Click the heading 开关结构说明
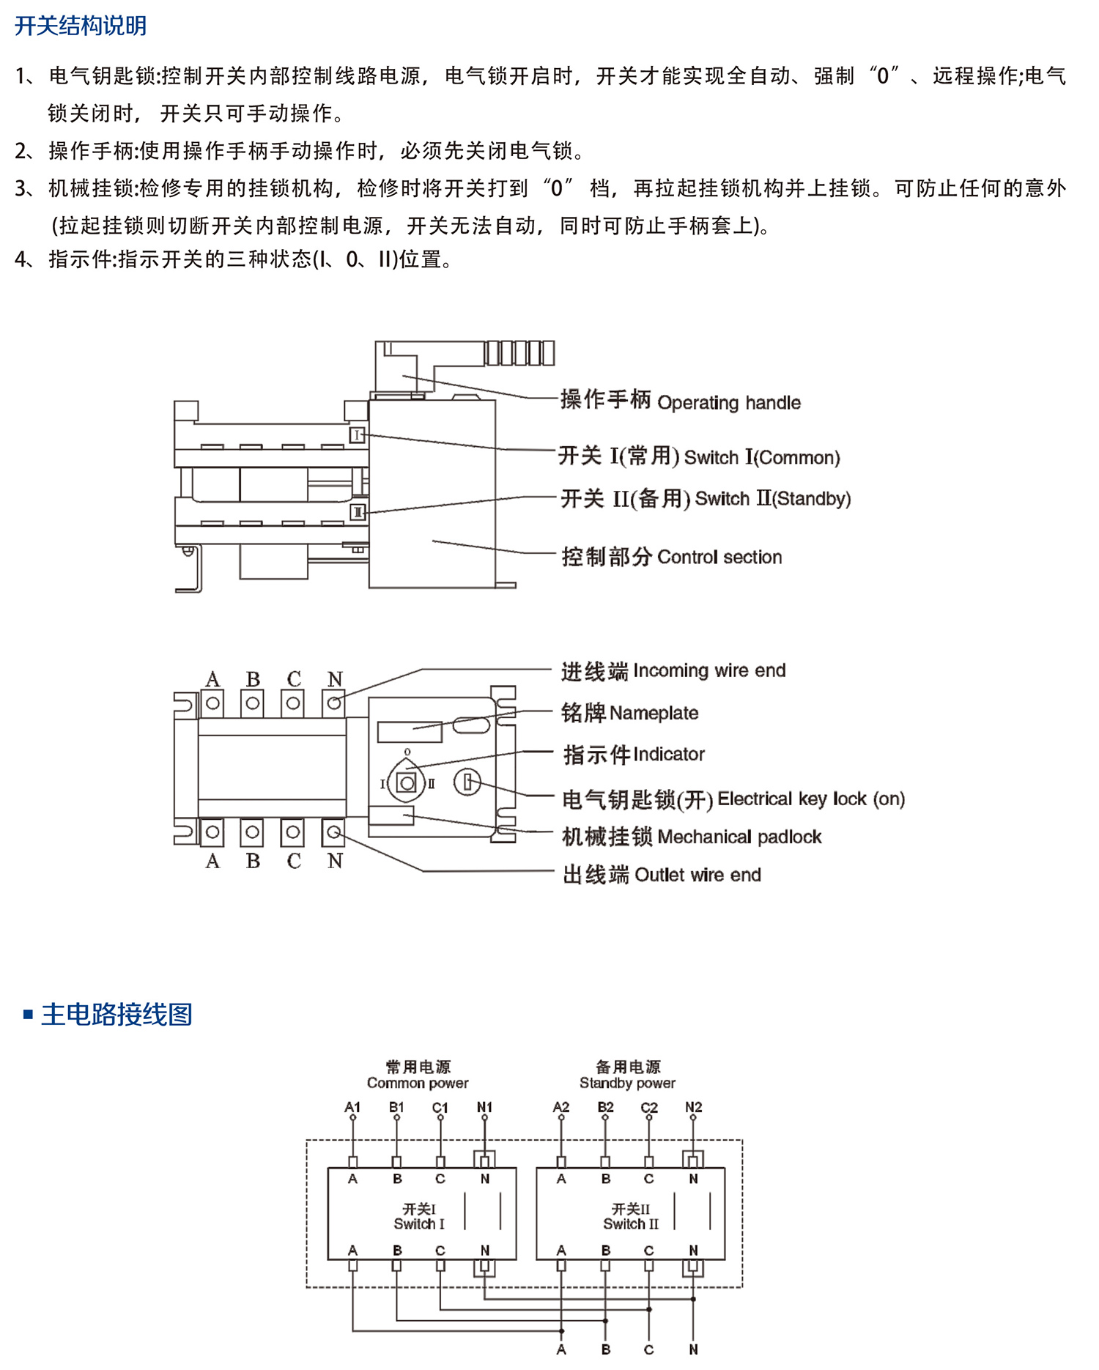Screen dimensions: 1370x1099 81,26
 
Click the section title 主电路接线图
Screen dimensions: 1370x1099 116,1015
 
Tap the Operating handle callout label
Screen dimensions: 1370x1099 680,401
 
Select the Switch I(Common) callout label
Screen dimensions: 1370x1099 698,456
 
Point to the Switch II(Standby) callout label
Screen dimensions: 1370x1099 705,499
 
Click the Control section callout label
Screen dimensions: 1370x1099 671,557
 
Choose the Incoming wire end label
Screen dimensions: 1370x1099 673,671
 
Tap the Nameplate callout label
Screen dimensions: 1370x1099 629,713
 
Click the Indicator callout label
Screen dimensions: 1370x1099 633,755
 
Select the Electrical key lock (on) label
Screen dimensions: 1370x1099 733,799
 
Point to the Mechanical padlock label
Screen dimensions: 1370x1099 691,837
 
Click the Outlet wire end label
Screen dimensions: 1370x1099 661,875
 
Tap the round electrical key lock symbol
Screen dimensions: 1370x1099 467,782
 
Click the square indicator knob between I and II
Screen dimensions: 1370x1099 407,783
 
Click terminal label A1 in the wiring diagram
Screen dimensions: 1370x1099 352,1107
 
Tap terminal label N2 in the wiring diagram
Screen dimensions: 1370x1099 693,1107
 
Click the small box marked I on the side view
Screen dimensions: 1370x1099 357,435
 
